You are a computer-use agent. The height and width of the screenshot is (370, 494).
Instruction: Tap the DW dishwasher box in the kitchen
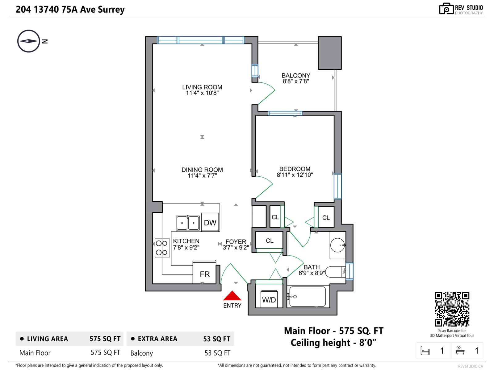[210, 223]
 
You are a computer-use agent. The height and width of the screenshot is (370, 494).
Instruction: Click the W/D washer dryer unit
[269, 299]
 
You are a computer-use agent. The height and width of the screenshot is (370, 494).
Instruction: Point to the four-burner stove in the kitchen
[162, 248]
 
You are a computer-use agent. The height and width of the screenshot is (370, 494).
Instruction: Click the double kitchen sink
[188, 223]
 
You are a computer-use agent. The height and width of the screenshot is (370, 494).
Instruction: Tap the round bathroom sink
[337, 245]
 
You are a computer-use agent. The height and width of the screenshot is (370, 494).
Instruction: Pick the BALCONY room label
[296, 76]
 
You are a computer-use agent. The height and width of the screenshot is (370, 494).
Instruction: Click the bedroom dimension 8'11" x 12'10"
[295, 175]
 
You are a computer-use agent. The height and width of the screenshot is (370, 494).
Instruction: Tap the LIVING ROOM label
[202, 87]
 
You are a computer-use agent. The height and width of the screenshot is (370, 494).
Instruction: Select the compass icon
[29, 41]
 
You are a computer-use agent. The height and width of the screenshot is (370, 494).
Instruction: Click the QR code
[452, 309]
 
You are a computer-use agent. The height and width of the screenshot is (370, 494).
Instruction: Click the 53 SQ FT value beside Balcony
[217, 353]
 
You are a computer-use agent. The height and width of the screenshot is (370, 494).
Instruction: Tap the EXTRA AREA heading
[157, 339]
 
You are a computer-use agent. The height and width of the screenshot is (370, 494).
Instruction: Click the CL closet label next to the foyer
[270, 241]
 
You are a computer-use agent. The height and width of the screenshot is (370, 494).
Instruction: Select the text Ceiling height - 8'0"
[333, 343]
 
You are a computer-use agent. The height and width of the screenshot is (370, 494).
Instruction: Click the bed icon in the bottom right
[425, 351]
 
